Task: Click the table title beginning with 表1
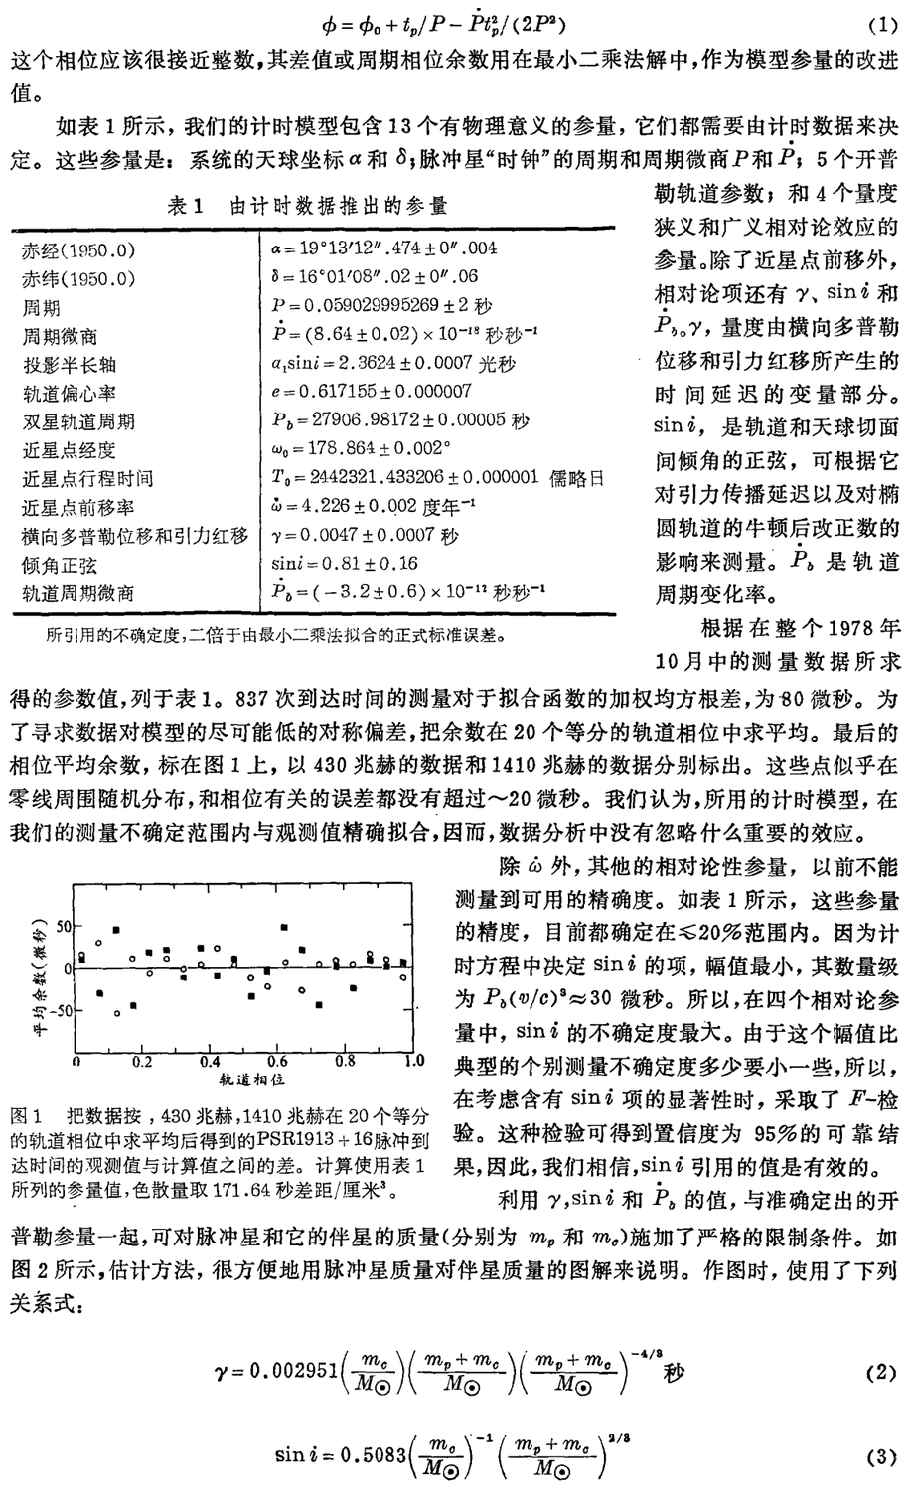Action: tap(308, 205)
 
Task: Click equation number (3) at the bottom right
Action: tap(881, 1458)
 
